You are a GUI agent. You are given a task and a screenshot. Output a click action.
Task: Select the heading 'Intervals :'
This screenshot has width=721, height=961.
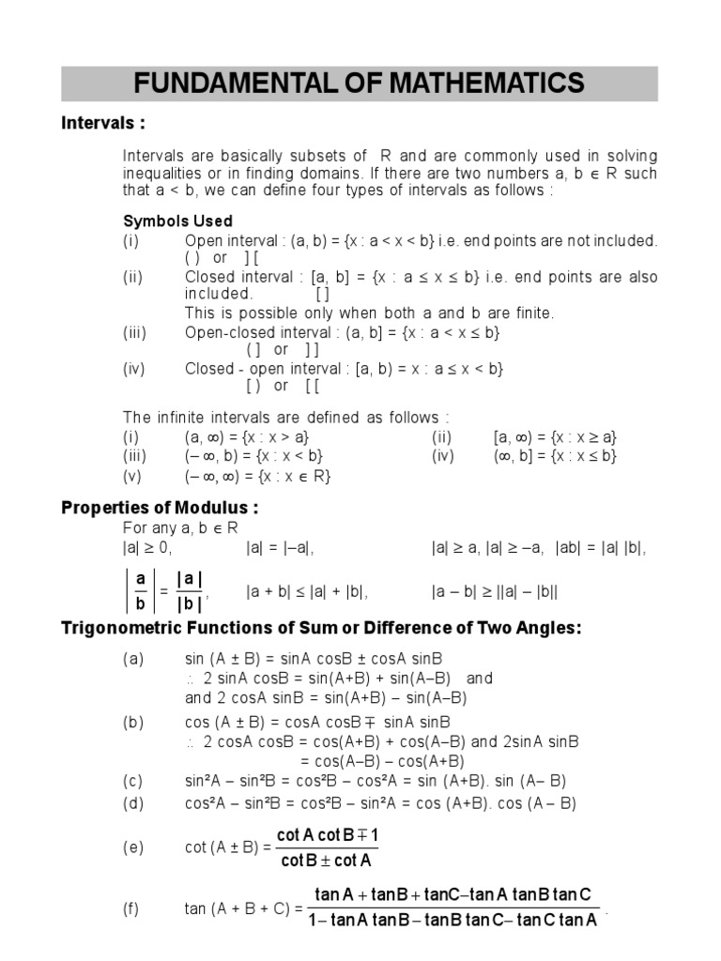pyautogui.click(x=103, y=124)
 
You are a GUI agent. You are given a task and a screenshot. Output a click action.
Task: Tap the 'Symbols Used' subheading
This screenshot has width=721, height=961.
pyautogui.click(x=178, y=221)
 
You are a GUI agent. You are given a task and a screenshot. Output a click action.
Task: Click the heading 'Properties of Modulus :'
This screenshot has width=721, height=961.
pyautogui.click(x=160, y=508)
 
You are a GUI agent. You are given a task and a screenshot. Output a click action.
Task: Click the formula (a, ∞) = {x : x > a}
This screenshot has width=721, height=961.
pyautogui.click(x=247, y=437)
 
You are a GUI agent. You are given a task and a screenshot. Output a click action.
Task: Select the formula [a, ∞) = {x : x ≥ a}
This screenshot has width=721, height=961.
pyautogui.click(x=555, y=437)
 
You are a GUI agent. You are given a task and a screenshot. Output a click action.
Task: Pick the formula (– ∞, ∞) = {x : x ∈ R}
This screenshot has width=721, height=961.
pyautogui.click(x=258, y=477)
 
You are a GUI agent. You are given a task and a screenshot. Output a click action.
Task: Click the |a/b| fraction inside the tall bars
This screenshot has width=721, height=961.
pyautogui.click(x=141, y=591)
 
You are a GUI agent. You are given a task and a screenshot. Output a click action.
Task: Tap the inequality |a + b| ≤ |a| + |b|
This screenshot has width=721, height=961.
pyautogui.click(x=307, y=592)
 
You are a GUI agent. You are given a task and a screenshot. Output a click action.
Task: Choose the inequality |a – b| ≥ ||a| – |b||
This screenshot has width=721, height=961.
pyautogui.click(x=496, y=592)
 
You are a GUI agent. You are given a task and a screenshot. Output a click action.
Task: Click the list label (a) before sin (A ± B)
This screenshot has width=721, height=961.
pyautogui.click(x=133, y=659)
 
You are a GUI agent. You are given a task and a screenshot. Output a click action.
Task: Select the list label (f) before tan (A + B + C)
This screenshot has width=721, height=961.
pyautogui.click(x=132, y=908)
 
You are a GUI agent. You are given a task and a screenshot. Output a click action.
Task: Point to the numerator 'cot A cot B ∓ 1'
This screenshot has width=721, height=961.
pyautogui.click(x=327, y=835)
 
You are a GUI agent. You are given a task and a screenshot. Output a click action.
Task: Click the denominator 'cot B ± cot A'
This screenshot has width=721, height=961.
pyautogui.click(x=327, y=860)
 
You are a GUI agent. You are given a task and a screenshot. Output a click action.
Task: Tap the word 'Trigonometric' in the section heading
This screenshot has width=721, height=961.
pyautogui.click(x=122, y=628)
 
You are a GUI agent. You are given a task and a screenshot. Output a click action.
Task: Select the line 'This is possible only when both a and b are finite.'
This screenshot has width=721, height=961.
pyautogui.click(x=369, y=313)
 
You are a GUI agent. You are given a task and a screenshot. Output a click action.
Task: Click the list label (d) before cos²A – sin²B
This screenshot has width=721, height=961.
pyautogui.click(x=133, y=803)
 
